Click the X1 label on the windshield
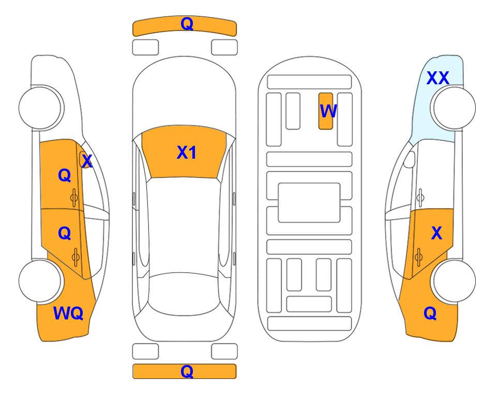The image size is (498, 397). point(187,152)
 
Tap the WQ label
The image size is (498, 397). point(68,313)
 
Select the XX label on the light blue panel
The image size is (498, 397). point(437,78)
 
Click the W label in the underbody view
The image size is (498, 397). point(328,111)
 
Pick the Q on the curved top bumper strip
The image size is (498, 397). point(187,24)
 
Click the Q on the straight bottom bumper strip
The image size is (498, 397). point(187,371)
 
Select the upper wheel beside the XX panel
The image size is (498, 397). point(454,108)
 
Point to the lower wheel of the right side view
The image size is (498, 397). point(454,281)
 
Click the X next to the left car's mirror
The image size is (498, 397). point(87,161)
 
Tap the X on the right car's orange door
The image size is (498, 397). point(436,233)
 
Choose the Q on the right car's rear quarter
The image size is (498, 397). point(430,313)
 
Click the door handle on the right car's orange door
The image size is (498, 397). point(418,257)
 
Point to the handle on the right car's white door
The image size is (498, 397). point(420,197)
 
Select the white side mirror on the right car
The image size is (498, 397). point(410,159)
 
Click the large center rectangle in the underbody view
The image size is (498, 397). point(309,203)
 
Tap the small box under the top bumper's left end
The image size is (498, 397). point(145,48)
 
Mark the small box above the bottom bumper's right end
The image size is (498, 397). point(224,352)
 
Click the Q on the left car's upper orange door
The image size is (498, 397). point(65,175)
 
